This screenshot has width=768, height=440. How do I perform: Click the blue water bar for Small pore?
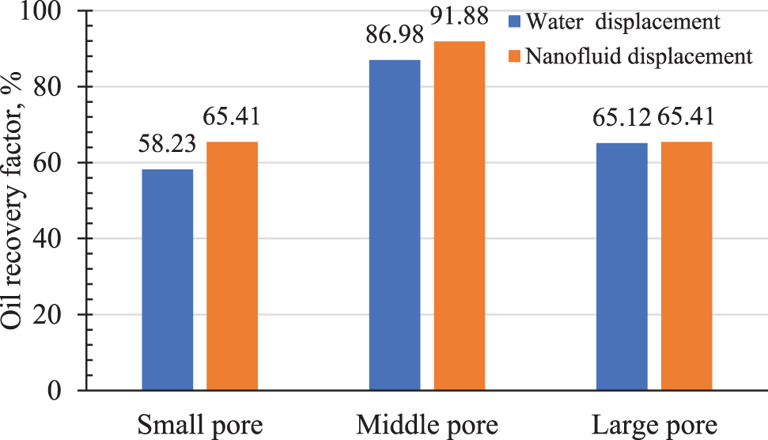point(168,279)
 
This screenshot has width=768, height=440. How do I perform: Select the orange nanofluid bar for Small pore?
point(232,266)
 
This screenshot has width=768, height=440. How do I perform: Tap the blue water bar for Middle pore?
point(395,225)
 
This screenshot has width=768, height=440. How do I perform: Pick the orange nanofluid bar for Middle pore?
point(459,215)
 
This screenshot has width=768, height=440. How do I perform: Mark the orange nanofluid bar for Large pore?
point(686,266)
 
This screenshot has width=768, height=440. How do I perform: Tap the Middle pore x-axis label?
point(427,424)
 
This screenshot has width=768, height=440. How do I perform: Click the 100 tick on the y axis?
point(49,12)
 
